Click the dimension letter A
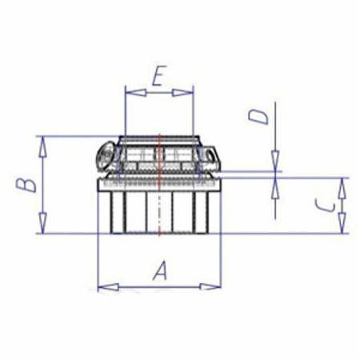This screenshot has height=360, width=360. (x=160, y=271)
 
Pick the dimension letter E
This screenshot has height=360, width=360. (x=159, y=76)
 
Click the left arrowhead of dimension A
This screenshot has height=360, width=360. (x=108, y=287)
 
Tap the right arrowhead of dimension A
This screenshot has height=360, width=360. (x=210, y=287)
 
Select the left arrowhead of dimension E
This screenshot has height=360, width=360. (x=135, y=93)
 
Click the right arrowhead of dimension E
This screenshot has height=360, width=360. (x=183, y=93)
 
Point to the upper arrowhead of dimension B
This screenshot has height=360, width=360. (x=42, y=146)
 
